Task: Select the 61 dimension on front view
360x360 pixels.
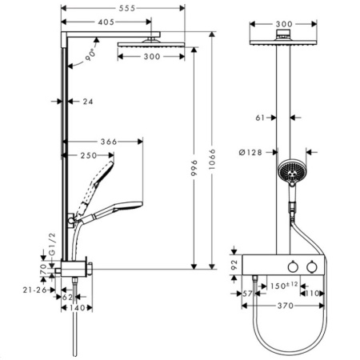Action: [x=259, y=117]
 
